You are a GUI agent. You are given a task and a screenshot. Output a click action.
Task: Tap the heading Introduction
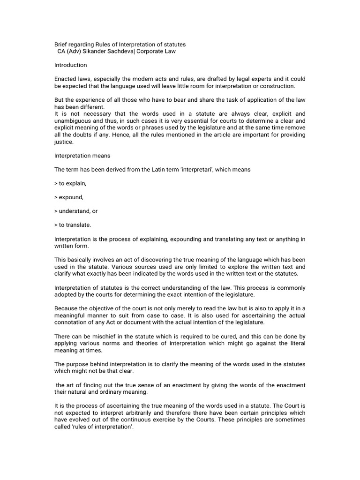pyautogui.click(x=70, y=65)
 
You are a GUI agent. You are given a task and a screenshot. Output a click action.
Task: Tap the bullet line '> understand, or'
pyautogui.click(x=76, y=211)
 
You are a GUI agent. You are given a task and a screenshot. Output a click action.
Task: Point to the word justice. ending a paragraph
pyautogui.click(x=64, y=142)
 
